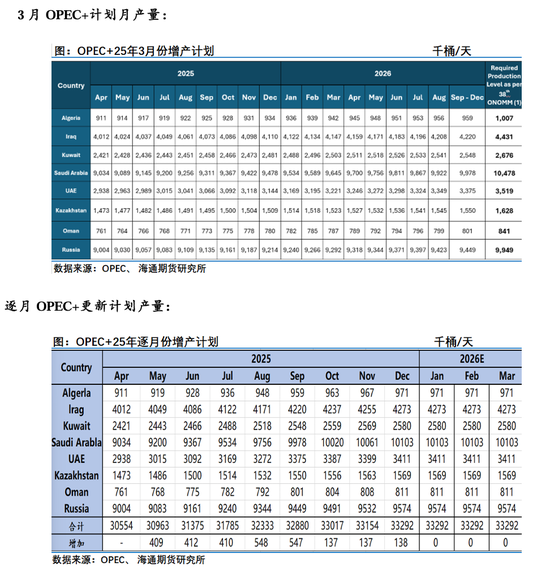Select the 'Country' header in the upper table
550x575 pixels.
71,85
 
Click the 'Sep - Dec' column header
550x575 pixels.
466,97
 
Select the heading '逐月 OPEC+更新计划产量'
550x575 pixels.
94,306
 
